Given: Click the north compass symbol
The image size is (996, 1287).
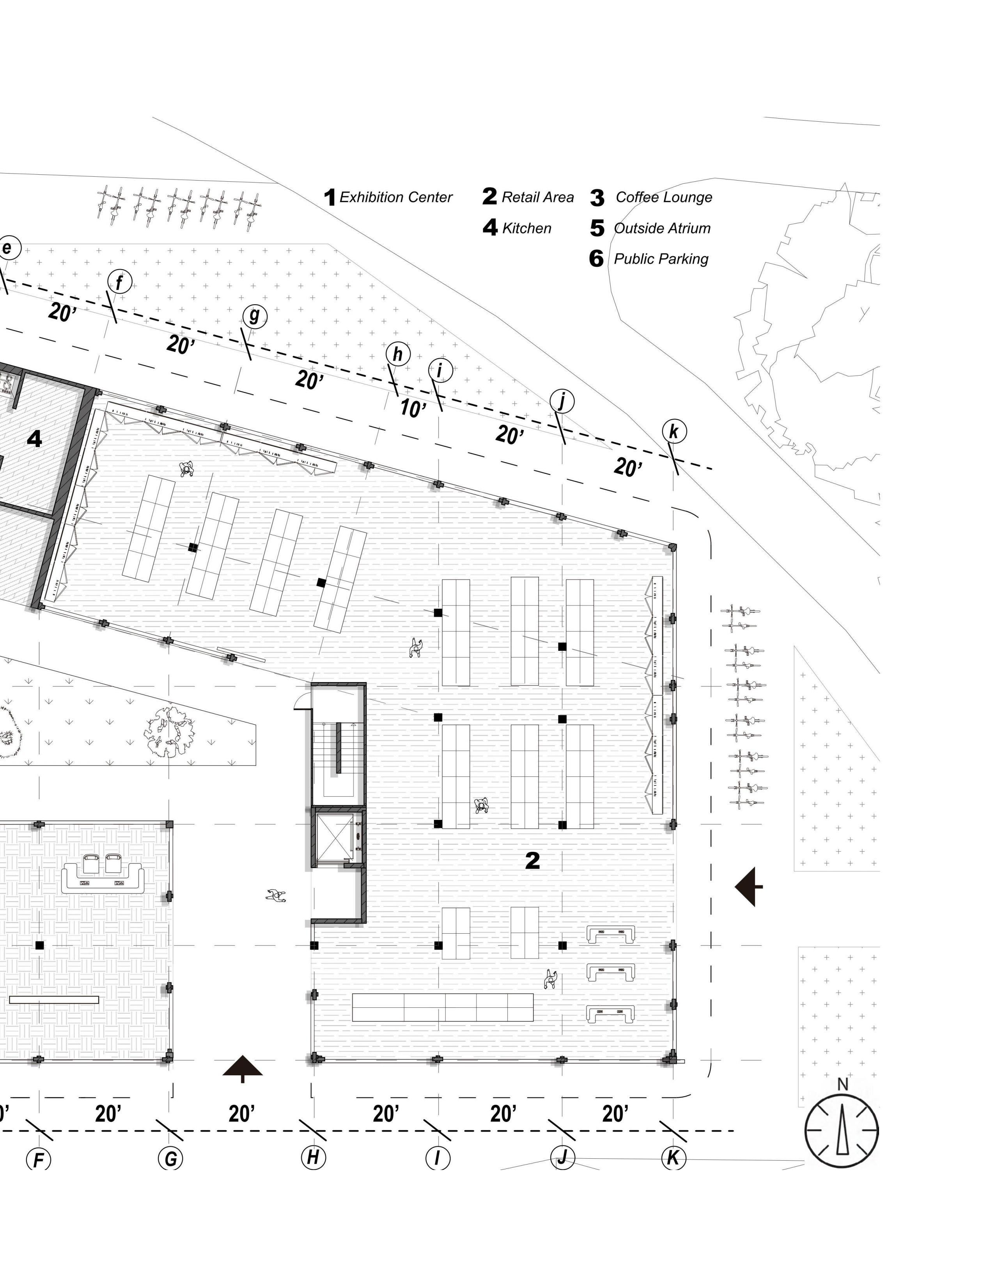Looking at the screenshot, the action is point(842,1130).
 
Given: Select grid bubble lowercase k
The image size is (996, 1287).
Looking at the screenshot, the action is point(673,431).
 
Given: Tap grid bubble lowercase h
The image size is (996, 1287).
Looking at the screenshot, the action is point(398,354).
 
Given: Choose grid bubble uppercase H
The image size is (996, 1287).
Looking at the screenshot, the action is point(313,1157).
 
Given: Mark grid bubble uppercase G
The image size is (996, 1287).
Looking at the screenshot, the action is point(170,1159).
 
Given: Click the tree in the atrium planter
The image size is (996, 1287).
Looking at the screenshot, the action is point(170,731).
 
